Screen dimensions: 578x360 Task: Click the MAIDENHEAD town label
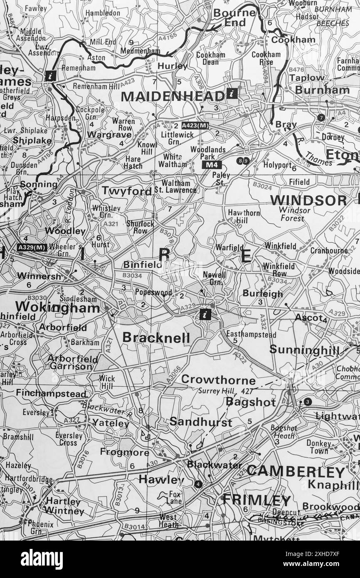(172, 96)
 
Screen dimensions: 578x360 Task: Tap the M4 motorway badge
(210, 165)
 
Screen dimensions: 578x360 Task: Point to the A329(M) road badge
(32, 247)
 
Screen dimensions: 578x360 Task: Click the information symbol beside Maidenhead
(232, 94)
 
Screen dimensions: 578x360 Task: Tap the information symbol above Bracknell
(205, 314)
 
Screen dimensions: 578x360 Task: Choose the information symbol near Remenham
(50, 76)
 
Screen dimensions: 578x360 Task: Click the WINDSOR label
(308, 200)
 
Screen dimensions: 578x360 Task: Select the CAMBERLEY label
(296, 472)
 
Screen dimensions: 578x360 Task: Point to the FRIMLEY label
(256, 500)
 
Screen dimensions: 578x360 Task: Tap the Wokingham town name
(57, 308)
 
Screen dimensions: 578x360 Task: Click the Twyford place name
(127, 191)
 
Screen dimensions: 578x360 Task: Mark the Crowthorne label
(218, 380)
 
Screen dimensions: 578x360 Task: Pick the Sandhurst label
(201, 422)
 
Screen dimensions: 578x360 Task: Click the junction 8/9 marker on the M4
(243, 161)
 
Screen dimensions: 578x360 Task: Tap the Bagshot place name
(251, 402)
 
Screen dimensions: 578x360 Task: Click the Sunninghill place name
(304, 350)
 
